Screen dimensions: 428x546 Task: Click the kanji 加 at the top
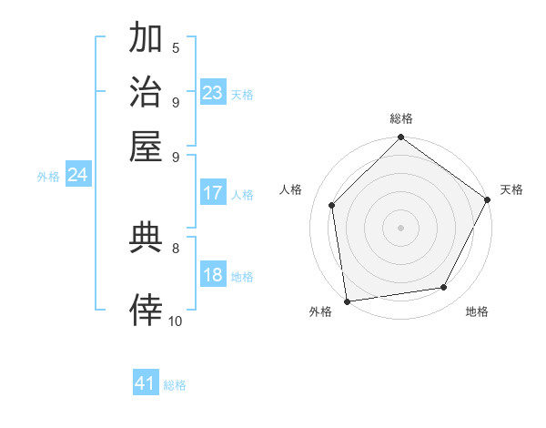[147, 39]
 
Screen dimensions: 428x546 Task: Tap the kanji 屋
[147, 146]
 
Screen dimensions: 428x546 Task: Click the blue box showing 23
[213, 93]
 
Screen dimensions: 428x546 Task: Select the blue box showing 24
[77, 176]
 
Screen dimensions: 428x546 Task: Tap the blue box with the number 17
[213, 193]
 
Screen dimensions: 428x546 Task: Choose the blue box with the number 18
[213, 276]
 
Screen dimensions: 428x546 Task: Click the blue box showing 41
[146, 383]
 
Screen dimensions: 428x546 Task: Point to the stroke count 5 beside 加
[176, 47]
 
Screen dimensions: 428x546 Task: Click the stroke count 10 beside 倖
[176, 321]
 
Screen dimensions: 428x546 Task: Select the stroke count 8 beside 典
[176, 247]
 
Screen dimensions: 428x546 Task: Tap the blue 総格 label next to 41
[175, 385]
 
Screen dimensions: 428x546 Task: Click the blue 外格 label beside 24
[48, 177]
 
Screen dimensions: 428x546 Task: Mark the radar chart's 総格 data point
[400, 138]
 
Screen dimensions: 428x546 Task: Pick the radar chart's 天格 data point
[488, 200]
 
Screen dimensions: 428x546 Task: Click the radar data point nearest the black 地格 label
[444, 288]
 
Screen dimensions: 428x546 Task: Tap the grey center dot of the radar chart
[400, 227]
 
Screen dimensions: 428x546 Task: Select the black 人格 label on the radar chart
[291, 189]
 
